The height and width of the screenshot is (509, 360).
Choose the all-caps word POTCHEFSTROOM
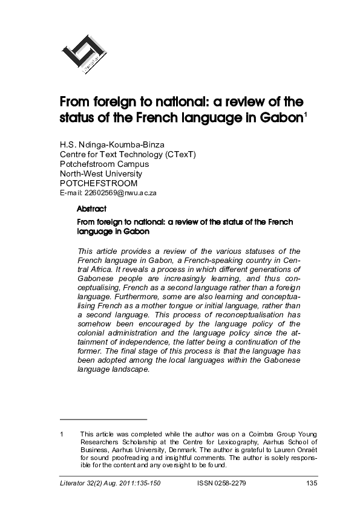pos(98,183)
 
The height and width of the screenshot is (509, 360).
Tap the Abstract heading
pos(92,209)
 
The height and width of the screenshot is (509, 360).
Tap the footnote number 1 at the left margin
pos(62,434)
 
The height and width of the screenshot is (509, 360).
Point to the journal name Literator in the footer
pos(74,484)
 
